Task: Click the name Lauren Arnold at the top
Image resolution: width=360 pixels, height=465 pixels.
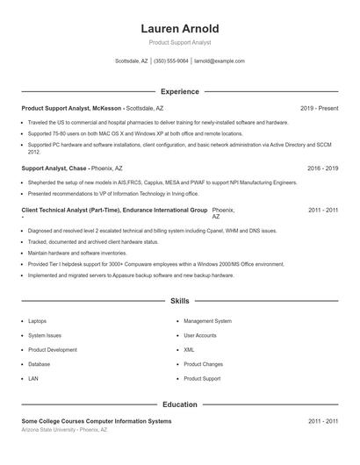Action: (180, 28)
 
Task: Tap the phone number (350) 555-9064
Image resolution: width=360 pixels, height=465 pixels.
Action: (171, 61)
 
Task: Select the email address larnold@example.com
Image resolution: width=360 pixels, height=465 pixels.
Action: (220, 61)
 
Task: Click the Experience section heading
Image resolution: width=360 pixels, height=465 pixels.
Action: (180, 91)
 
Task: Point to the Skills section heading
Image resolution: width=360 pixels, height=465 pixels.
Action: (180, 301)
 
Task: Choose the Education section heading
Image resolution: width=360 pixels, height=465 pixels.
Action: (180, 404)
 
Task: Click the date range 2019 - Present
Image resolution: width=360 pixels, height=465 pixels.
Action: (319, 108)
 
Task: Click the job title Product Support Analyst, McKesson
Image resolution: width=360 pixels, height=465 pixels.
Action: (72, 108)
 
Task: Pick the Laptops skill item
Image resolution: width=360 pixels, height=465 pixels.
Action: (38, 321)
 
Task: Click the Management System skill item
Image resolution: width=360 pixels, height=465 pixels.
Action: (207, 321)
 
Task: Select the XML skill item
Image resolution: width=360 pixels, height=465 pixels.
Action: (189, 349)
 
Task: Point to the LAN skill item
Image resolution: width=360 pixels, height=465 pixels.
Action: (33, 378)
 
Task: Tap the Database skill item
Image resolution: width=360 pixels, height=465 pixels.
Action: (39, 364)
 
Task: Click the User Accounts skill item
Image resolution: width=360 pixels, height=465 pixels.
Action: (200, 335)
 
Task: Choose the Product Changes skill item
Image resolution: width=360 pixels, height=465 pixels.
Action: (203, 364)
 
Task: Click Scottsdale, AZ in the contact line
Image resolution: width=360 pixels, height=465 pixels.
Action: (132, 61)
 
